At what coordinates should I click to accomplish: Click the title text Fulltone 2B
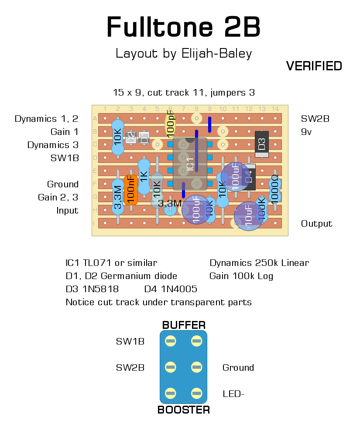point(183,27)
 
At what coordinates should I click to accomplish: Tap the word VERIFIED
point(314,66)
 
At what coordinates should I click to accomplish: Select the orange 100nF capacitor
point(131,190)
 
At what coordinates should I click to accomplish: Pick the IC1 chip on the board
point(190,164)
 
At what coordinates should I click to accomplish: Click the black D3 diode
point(261,144)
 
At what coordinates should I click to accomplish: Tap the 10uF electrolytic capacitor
point(249,216)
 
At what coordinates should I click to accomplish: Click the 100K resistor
point(262,209)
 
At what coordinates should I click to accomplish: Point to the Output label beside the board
point(316,224)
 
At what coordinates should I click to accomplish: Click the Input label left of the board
point(67,210)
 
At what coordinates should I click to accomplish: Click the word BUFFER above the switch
point(184,325)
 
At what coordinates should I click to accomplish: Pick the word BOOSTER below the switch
point(184,410)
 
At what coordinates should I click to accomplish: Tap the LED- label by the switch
point(233,394)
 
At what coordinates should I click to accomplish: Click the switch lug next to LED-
point(197,394)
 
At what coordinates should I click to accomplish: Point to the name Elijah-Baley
point(215,53)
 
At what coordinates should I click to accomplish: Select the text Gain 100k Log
point(241,276)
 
